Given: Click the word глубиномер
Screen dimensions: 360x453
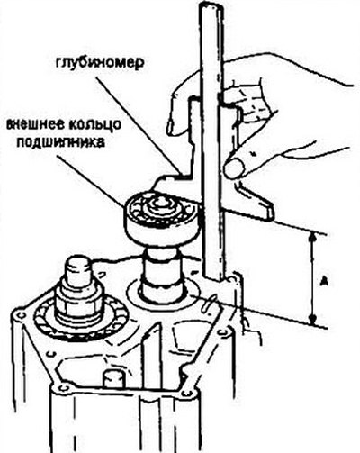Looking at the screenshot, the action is point(100,63).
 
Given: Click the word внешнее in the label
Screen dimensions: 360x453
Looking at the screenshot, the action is point(34,124).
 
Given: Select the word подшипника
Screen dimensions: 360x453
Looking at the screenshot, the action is point(61,142).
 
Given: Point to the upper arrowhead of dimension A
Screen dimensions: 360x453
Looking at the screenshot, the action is point(312,238).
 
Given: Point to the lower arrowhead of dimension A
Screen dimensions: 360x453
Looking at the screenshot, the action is point(313,319).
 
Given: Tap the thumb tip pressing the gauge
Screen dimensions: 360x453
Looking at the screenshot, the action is point(235,168).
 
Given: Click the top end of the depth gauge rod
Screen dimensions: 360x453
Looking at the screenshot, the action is point(211,6).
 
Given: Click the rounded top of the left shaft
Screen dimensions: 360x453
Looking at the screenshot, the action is point(79,264).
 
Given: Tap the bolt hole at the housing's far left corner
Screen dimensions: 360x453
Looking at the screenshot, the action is point(19,315).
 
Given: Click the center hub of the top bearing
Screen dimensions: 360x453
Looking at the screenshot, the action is point(161,205).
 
